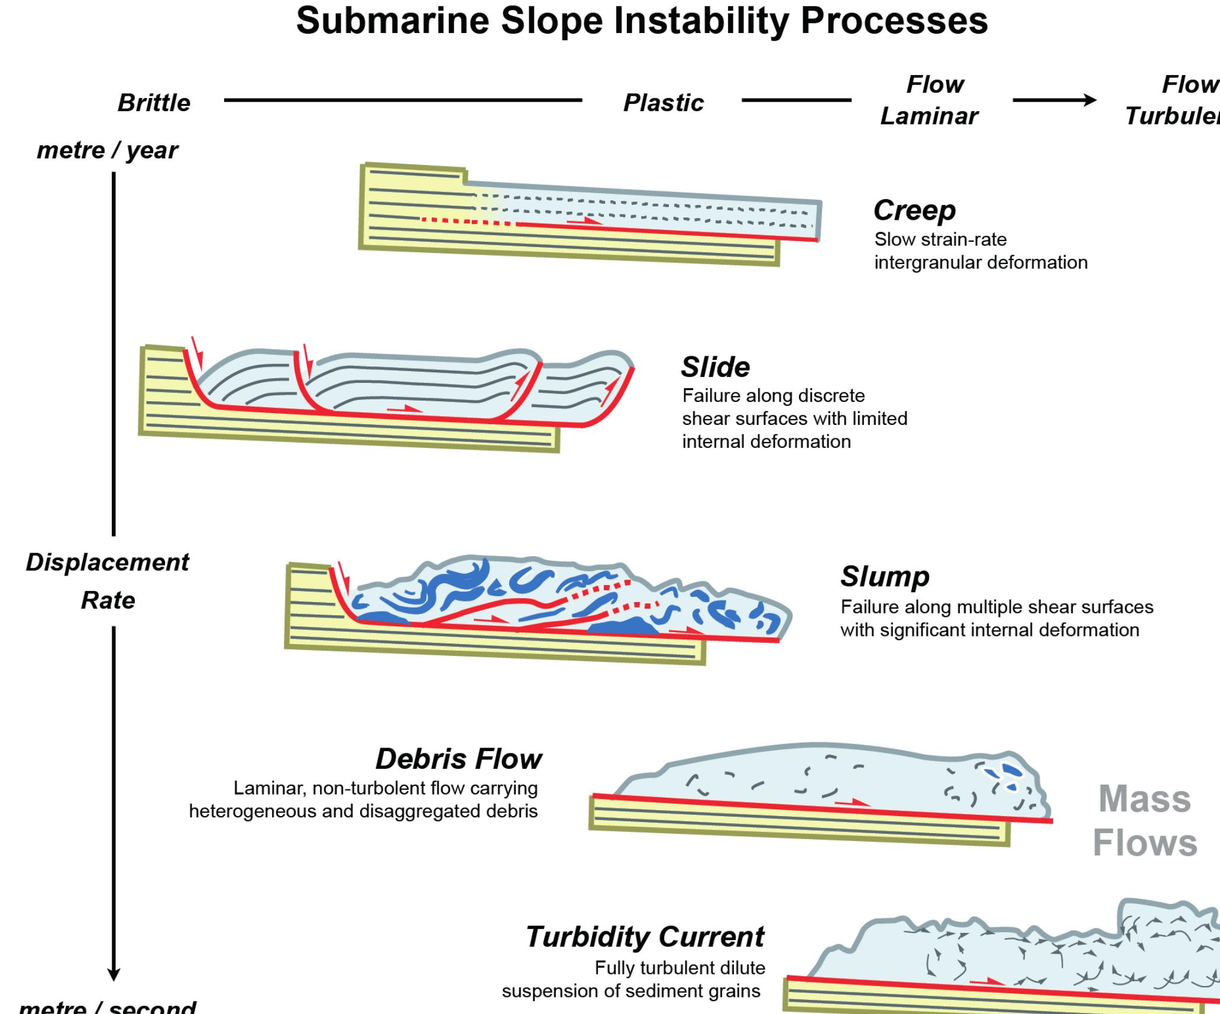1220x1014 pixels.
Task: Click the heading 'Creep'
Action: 914,210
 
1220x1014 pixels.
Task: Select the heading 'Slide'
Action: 715,367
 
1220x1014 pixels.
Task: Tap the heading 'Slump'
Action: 885,576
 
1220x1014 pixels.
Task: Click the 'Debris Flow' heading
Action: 458,759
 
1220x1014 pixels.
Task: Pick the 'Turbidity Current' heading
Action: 645,937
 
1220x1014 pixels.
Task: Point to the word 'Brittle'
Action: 154,103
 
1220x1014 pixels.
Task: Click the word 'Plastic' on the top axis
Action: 664,103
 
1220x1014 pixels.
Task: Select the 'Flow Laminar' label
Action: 930,100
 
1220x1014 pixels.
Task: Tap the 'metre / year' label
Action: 107,150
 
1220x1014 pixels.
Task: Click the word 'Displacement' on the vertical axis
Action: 107,562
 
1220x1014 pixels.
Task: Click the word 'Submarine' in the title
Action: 392,21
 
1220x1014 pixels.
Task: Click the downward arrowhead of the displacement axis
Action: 114,974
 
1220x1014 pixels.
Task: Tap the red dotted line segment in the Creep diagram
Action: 467,222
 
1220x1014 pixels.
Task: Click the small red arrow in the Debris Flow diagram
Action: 852,802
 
